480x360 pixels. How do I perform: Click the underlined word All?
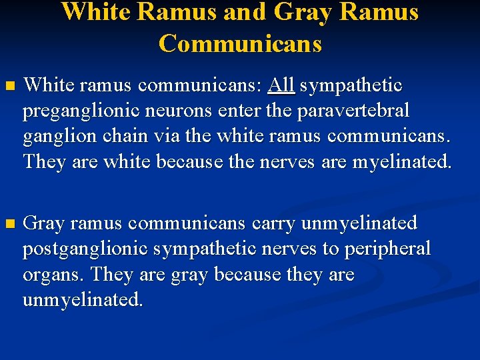(283, 85)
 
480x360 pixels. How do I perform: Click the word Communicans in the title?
(240, 43)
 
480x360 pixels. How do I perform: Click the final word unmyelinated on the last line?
(83, 300)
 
